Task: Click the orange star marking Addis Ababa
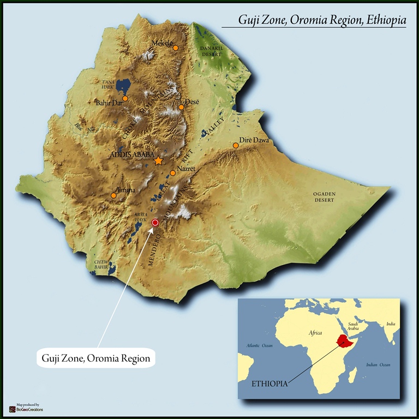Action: click(x=158, y=161)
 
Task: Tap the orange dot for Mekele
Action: click(x=176, y=48)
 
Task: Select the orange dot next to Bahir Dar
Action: click(x=125, y=99)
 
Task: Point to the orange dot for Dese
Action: click(x=181, y=107)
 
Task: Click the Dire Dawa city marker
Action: click(x=236, y=145)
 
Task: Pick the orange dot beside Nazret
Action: click(x=173, y=173)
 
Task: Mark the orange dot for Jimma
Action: click(x=113, y=195)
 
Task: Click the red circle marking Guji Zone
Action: click(x=155, y=223)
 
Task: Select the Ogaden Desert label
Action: click(x=324, y=197)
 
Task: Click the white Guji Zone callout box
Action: click(x=96, y=358)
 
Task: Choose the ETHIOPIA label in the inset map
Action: click(x=269, y=384)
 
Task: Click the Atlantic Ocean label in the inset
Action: click(x=259, y=345)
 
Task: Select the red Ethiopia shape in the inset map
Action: click(x=344, y=342)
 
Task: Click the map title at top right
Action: click(x=322, y=20)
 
